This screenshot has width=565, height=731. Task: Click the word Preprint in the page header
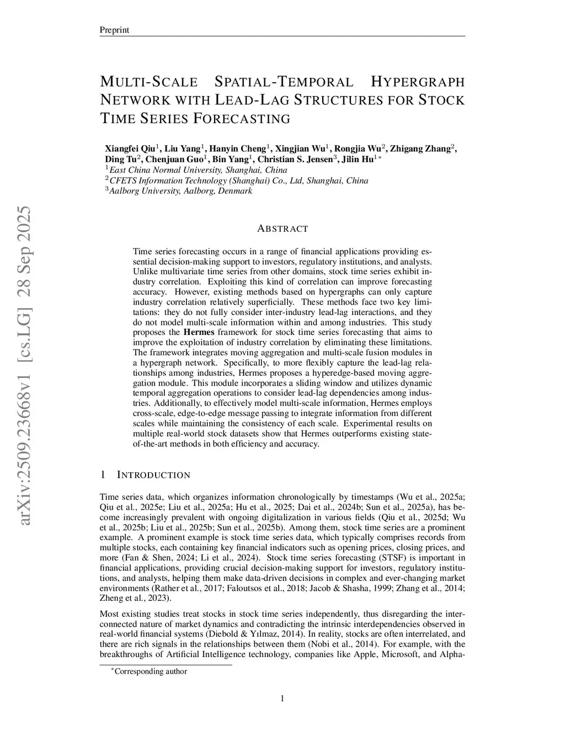(114, 30)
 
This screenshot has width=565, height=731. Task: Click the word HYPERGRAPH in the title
(418, 82)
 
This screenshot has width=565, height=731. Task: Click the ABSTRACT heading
(282, 228)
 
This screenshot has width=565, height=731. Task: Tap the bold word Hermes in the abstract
(199, 332)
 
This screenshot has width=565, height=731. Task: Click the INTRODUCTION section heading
(154, 475)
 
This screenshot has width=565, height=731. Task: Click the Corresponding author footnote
(150, 671)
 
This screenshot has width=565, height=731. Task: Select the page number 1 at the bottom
(282, 699)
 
